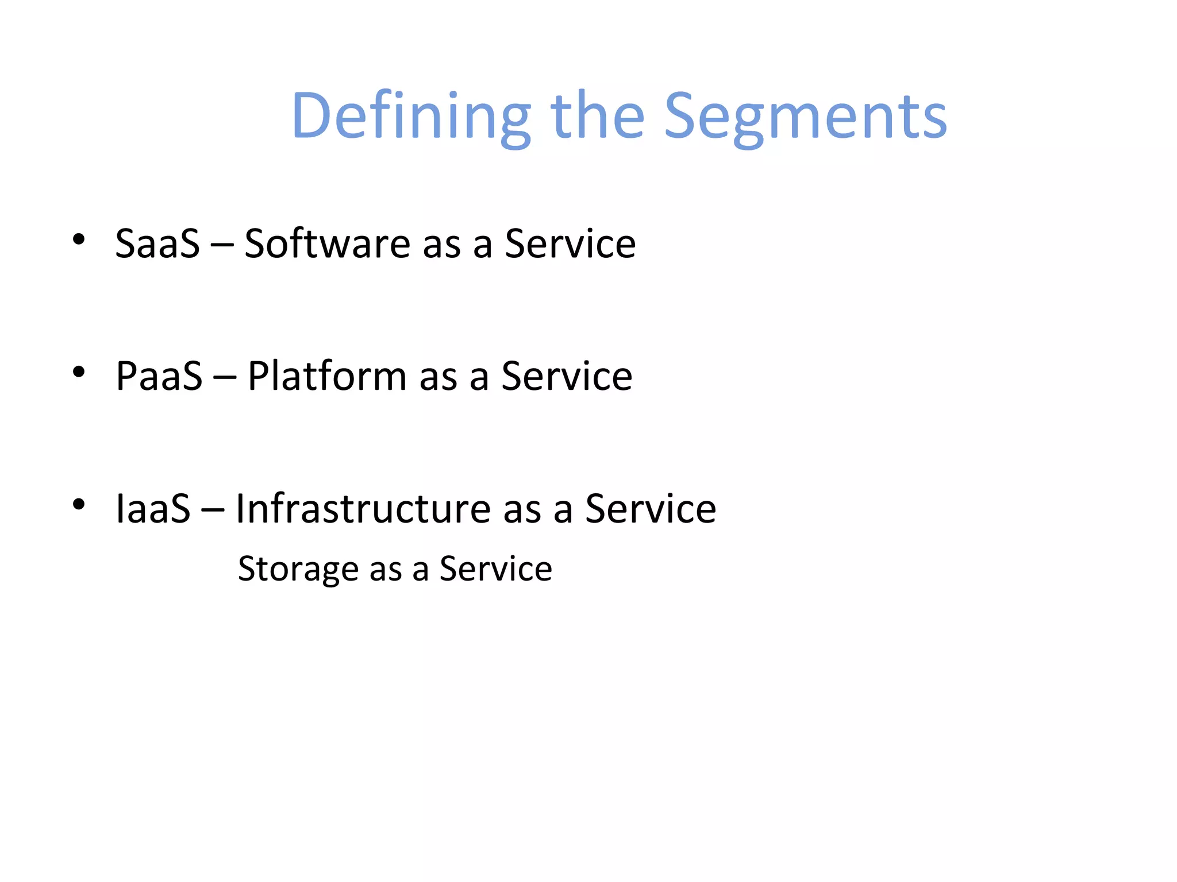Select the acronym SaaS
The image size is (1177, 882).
[157, 244]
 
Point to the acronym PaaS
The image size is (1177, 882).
[159, 377]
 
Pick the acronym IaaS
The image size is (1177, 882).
[153, 509]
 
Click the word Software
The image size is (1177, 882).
[327, 244]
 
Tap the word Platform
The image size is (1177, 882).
[327, 377]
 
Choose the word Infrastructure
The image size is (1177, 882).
[363, 509]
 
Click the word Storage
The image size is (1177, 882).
[298, 570]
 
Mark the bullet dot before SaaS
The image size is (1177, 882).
[79, 239]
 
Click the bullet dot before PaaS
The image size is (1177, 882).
[79, 372]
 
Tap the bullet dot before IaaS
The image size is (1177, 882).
[79, 505]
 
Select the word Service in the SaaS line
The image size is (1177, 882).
[570, 244]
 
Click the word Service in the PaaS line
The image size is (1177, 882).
[567, 377]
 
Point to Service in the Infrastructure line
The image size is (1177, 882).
[651, 509]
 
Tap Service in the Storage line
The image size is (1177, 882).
[495, 570]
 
